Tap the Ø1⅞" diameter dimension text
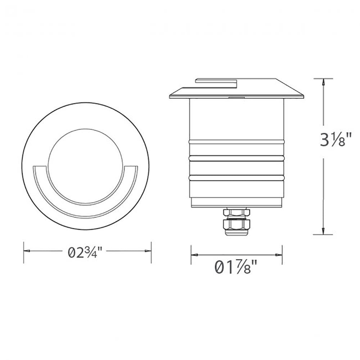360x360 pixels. point(236,268)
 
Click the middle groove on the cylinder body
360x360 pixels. point(237,158)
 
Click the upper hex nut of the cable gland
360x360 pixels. point(236,213)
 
